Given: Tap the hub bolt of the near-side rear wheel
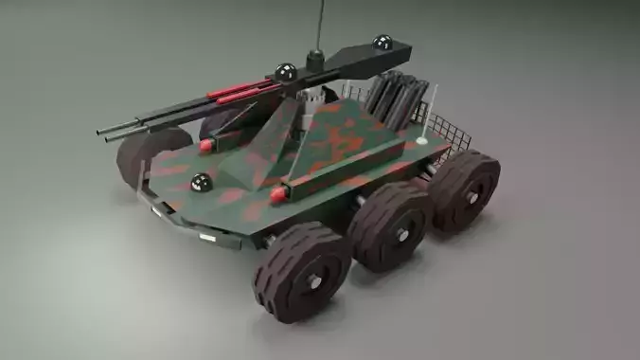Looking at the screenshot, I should point(472,196).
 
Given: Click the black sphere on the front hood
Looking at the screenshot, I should point(200,183).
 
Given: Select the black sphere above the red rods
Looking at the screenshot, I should point(286,71).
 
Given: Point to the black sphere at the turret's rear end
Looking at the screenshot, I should point(382,43).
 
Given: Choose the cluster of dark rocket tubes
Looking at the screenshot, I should point(390,99).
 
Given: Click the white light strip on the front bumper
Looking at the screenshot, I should point(212,236).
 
